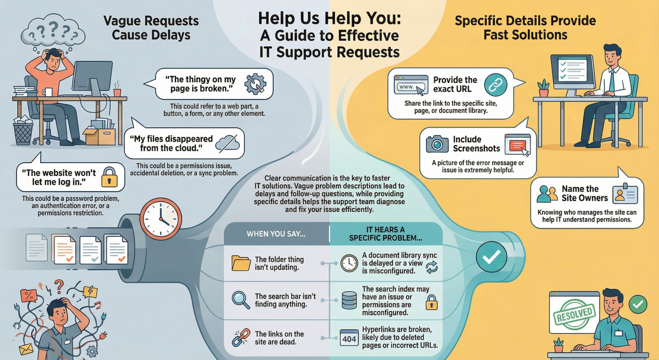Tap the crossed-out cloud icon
pyautogui.click(x=227, y=144)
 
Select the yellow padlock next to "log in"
pyautogui.click(x=110, y=177)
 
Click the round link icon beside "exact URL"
pyautogui.click(x=495, y=85)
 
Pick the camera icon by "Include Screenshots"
pyautogui.click(x=437, y=144)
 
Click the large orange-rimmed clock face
pyautogui.click(x=161, y=219)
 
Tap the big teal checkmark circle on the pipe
pyautogui.click(x=491, y=257)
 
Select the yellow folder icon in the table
pyautogui.click(x=241, y=263)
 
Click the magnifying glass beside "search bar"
pyautogui.click(x=241, y=300)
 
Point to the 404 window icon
pyautogui.click(x=349, y=338)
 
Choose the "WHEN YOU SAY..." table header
pyautogui.click(x=276, y=234)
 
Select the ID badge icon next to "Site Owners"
pyautogui.click(x=625, y=194)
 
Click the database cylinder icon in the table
pyautogui.click(x=349, y=301)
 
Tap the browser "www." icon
pyautogui.click(x=411, y=85)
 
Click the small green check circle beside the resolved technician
pyautogui.click(x=638, y=304)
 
